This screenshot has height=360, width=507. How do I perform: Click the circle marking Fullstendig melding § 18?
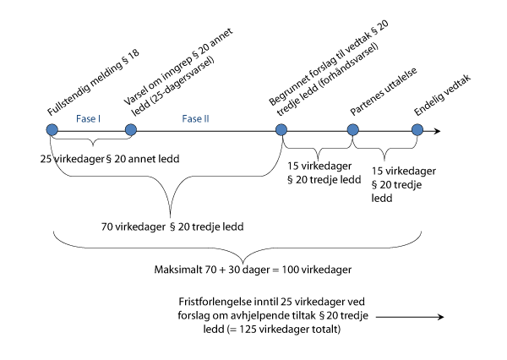coord(52,130)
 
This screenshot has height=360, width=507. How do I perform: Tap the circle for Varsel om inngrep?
coord(130,130)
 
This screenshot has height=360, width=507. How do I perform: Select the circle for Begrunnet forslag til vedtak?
coord(281,130)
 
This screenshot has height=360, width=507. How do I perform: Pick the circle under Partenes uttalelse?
coord(354,130)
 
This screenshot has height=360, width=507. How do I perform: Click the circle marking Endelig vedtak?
coord(417,130)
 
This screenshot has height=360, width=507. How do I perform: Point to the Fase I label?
coord(89,119)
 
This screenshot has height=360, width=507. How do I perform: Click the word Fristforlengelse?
coord(213,302)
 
